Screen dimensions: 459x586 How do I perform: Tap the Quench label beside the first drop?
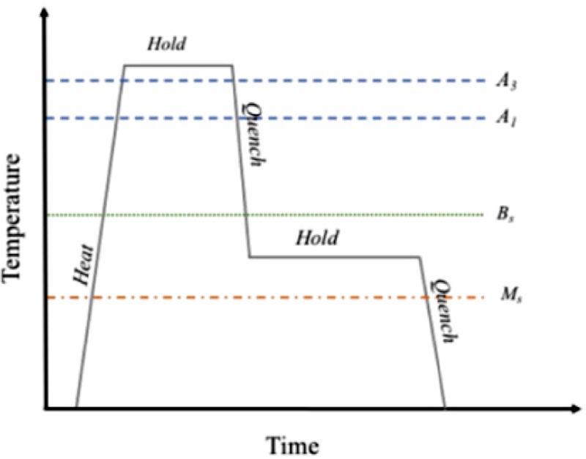tap(251, 132)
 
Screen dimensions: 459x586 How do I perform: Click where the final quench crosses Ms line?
tap(426, 297)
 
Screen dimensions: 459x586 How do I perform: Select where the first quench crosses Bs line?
tap(245, 215)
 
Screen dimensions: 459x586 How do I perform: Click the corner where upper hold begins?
tap(123, 65)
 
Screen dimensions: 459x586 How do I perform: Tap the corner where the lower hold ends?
tap(420, 257)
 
